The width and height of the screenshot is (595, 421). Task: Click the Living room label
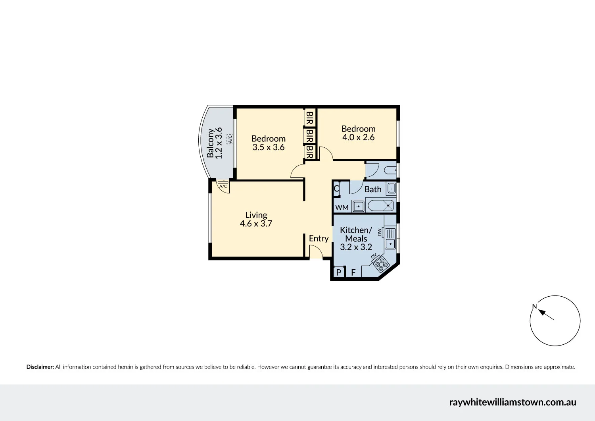coord(256,215)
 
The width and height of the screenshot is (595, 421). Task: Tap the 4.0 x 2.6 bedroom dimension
coord(359,137)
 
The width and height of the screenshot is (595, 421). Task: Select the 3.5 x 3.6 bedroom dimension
coord(269,147)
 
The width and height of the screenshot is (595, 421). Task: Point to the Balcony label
coord(211,143)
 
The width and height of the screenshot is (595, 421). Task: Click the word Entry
coord(319,238)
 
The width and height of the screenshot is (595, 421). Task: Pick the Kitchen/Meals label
coord(356,234)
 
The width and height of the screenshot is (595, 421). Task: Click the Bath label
coord(373,189)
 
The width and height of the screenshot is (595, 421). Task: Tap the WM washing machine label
coord(342,207)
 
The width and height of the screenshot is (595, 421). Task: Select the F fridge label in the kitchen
coord(353,273)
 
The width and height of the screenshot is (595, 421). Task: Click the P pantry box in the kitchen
coord(339,272)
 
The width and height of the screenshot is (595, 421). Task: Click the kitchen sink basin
coord(391,243)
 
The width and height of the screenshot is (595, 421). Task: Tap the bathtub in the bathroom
coord(380,206)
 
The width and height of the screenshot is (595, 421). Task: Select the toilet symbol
coord(391,170)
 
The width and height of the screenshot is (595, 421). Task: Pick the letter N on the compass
coord(534,306)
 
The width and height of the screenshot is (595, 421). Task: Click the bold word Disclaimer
coord(40,367)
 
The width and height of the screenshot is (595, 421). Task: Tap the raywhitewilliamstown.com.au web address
coord(512,402)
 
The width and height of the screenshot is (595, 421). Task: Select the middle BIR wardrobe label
coord(310,136)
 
